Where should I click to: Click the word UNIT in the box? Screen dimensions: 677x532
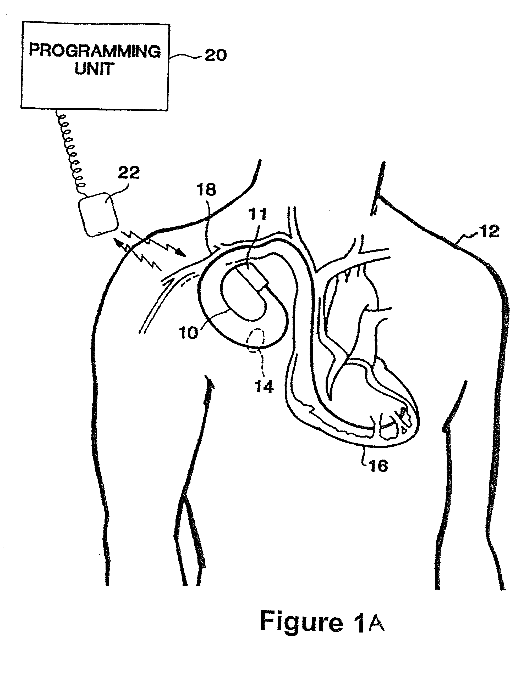[x=94, y=69]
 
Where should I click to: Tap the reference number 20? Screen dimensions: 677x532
[x=216, y=55]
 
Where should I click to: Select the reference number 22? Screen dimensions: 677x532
[x=129, y=172]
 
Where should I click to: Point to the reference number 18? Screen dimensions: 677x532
[x=206, y=190]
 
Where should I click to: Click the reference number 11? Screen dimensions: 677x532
[x=257, y=215]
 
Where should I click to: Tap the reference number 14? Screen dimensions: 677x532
[x=264, y=387]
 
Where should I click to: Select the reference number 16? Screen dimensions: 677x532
[x=379, y=466]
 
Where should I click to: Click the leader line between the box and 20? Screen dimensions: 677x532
[x=186, y=56]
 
